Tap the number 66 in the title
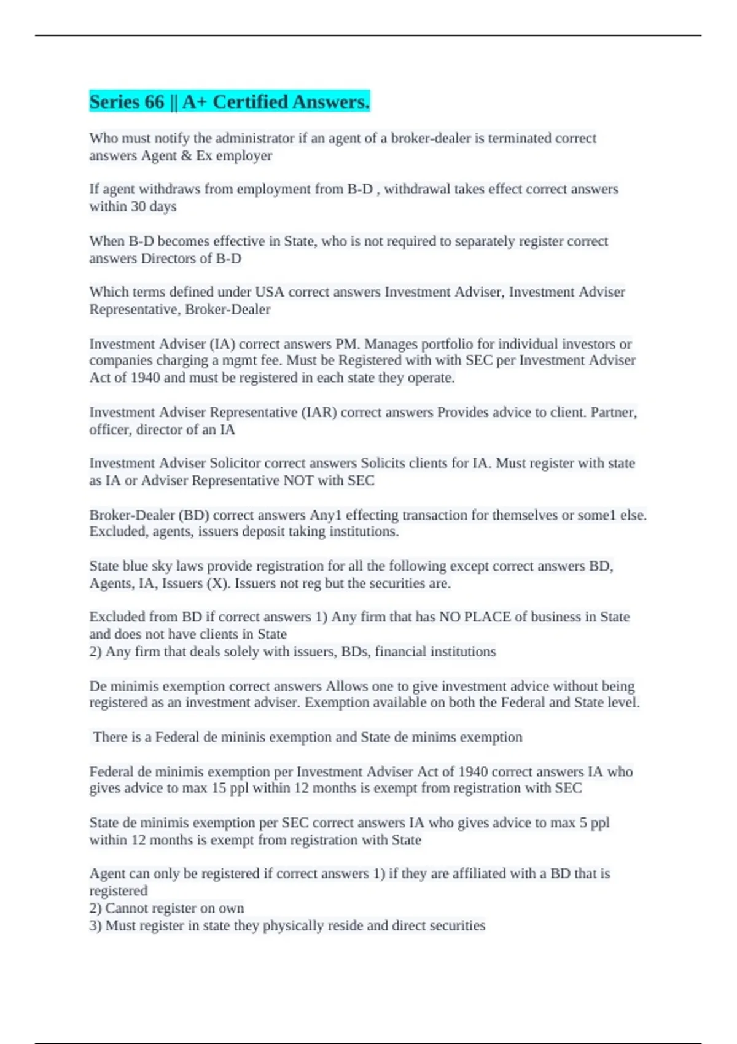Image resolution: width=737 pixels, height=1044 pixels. [x=155, y=102]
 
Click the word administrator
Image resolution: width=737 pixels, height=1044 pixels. [x=254, y=138]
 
